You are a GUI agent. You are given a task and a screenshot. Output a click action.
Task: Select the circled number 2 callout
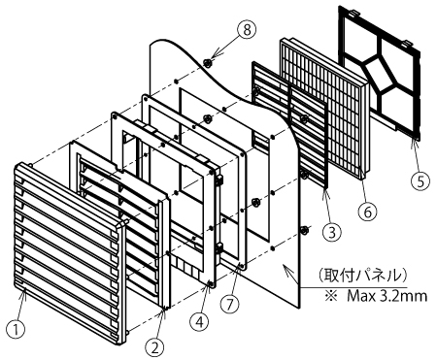click(x=154, y=347)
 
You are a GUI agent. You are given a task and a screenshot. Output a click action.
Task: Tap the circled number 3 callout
click(x=332, y=233)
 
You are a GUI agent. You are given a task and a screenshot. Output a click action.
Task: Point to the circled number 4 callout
click(x=200, y=321)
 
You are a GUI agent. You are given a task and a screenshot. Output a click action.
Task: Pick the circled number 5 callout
click(x=420, y=181)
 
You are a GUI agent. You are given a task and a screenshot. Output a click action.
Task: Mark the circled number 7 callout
click(x=229, y=304)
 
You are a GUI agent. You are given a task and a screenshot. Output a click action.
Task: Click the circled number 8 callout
click(x=247, y=30)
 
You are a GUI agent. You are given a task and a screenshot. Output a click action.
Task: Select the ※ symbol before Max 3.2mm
click(x=331, y=296)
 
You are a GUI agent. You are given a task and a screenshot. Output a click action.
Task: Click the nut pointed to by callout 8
click(x=207, y=62)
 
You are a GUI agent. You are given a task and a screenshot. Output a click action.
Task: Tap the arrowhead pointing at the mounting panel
click(x=287, y=268)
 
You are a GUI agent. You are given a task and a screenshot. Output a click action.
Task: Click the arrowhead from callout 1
click(x=23, y=292)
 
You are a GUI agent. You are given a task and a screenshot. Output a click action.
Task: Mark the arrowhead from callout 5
click(x=414, y=143)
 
